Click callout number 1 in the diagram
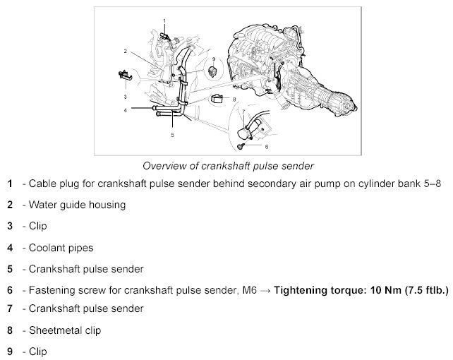[x=164, y=21]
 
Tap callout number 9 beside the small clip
[x=213, y=59]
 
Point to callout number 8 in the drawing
[x=234, y=100]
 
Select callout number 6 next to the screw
[x=267, y=147]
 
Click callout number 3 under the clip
[x=124, y=96]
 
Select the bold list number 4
[x=10, y=248]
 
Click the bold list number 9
[x=10, y=350]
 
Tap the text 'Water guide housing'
[x=78, y=205]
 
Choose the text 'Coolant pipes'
[x=61, y=248]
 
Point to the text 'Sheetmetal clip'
[x=67, y=330]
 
